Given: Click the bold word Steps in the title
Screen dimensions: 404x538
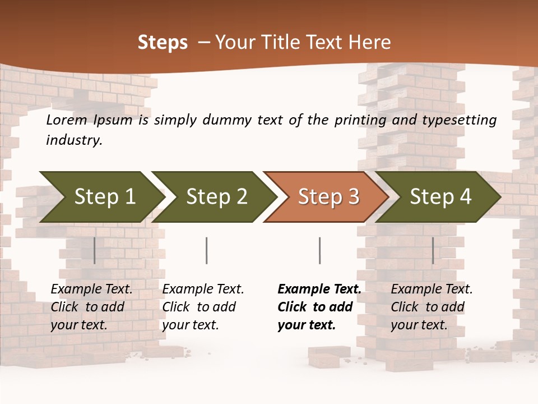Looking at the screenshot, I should [x=163, y=43].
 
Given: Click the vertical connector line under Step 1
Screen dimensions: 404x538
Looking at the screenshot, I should [x=95, y=250].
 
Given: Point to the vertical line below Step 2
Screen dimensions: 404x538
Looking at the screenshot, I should [x=207, y=250].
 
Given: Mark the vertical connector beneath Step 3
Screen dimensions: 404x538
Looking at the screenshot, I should [x=319, y=250].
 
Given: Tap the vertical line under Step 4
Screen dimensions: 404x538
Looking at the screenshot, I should [x=433, y=250].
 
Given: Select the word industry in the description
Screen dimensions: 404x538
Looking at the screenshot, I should [x=74, y=140].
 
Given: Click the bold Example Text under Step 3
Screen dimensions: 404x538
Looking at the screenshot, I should [x=319, y=290].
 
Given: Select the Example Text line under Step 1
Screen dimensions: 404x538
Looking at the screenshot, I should [x=91, y=290].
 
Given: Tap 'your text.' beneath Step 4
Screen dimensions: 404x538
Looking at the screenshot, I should [x=419, y=325].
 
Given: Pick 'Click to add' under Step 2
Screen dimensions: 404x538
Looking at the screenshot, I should [x=199, y=307].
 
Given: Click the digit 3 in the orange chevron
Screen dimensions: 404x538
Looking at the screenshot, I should [x=353, y=197].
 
